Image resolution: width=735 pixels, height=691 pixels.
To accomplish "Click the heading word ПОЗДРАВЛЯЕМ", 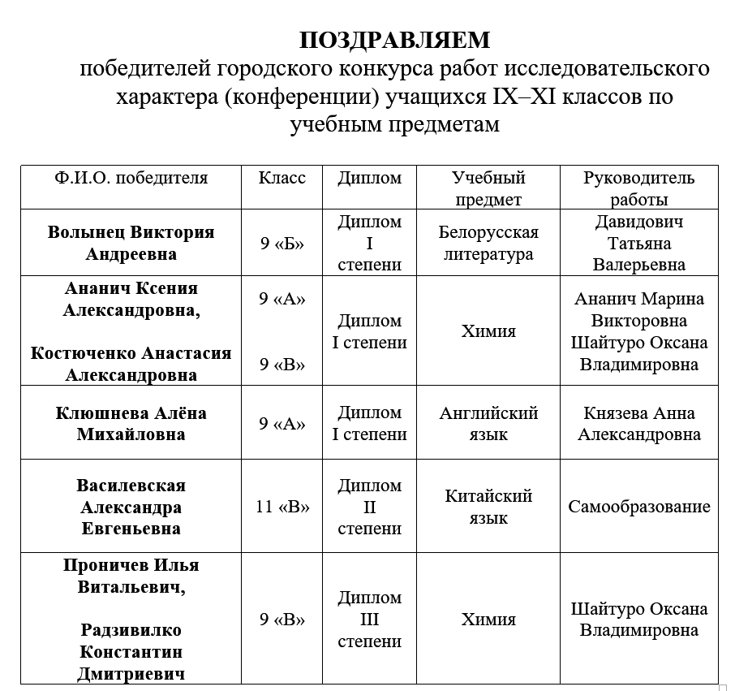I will [x=394, y=40].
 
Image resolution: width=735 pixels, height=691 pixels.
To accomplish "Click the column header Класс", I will [x=282, y=178].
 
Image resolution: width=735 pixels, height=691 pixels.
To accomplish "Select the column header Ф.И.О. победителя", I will [x=131, y=178].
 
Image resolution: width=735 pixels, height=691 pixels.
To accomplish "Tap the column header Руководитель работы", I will [x=638, y=188].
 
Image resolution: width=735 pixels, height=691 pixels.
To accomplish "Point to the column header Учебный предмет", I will [x=488, y=188].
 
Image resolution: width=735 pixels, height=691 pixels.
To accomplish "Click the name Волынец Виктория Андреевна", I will [x=131, y=243].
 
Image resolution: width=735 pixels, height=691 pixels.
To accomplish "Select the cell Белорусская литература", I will [x=488, y=243].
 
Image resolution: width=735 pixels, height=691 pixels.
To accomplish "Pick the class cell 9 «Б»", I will [x=282, y=243].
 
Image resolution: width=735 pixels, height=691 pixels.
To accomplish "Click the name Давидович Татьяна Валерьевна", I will [x=638, y=243].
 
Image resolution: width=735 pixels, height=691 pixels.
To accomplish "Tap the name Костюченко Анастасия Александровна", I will [x=131, y=364].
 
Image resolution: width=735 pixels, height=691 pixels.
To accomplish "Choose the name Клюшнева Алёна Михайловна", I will [x=131, y=423].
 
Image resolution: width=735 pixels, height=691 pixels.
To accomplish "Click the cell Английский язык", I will [x=488, y=423].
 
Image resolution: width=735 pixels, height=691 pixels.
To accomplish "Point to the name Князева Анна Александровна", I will [x=638, y=423].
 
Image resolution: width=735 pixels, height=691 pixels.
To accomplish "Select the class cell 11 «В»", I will [x=282, y=507].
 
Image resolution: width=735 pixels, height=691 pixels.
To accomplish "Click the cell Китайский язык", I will [x=488, y=507].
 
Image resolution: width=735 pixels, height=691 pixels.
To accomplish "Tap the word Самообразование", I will [x=638, y=507].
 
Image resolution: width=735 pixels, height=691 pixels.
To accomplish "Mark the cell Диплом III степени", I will [x=369, y=620].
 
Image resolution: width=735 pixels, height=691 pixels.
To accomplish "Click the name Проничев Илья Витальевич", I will [x=131, y=576].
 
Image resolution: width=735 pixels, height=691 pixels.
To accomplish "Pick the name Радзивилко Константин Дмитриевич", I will [x=131, y=652].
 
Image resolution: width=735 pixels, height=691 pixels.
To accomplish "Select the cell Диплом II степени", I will [x=369, y=507].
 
